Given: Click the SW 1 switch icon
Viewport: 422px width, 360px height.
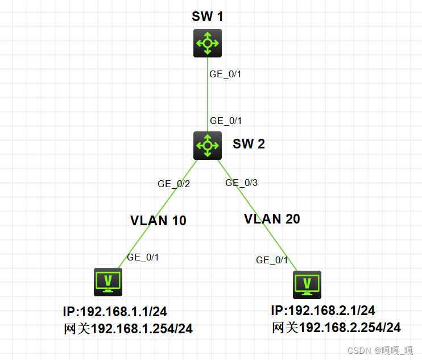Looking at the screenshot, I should [x=207, y=43].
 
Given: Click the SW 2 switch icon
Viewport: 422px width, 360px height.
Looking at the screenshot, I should [x=207, y=145].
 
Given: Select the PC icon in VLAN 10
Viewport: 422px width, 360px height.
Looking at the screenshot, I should [x=107, y=282].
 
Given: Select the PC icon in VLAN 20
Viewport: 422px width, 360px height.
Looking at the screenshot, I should [x=307, y=284].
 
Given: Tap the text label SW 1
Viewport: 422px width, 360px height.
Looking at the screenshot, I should [x=207, y=16].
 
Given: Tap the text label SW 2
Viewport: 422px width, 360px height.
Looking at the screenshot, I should [x=249, y=144].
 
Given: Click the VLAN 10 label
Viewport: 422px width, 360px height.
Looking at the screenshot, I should [x=158, y=221].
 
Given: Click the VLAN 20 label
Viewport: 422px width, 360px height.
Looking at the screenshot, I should [x=272, y=218].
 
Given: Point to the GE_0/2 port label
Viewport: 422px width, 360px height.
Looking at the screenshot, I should [x=173, y=184].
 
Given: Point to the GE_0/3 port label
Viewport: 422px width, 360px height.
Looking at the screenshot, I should [x=242, y=183].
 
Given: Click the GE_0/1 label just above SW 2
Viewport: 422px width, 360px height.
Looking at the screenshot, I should [x=226, y=121].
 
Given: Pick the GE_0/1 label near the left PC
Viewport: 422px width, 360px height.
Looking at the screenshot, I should [x=143, y=257].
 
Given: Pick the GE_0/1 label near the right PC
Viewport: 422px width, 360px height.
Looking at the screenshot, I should [x=272, y=260].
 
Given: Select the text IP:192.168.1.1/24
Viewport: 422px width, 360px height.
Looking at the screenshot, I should [x=115, y=312].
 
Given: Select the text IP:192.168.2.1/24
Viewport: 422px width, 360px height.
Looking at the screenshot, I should [x=323, y=311].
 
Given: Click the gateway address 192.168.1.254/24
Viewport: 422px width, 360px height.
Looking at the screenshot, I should [x=142, y=329].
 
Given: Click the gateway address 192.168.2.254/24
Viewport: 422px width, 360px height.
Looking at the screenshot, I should [x=350, y=328].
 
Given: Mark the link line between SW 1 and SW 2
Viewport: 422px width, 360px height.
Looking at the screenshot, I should [x=208, y=97].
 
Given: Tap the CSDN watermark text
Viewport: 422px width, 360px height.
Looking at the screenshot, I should [x=380, y=350].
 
